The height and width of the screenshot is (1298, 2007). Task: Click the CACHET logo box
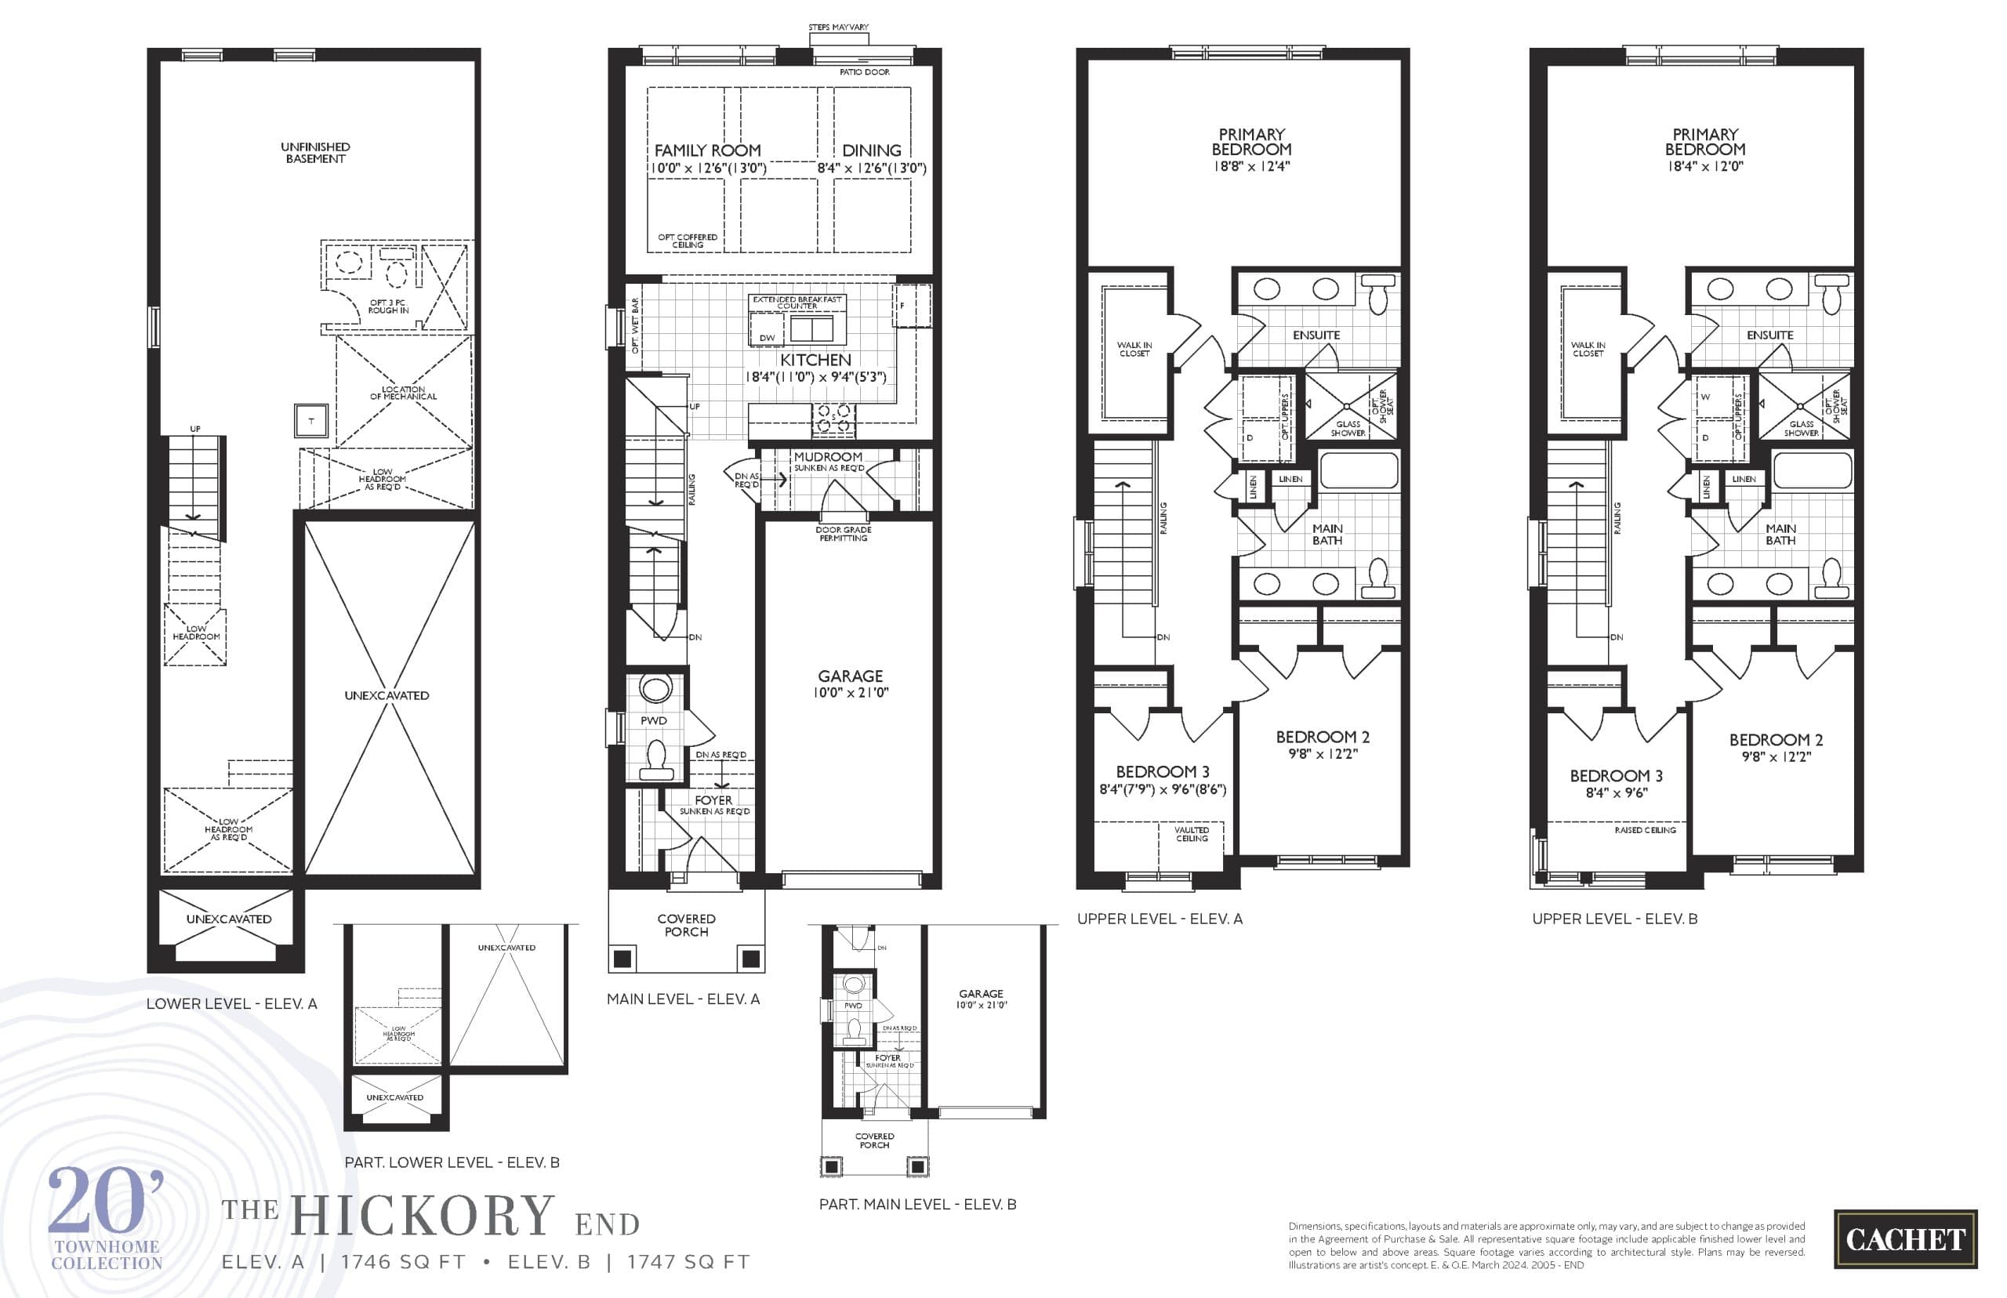tap(1905, 1239)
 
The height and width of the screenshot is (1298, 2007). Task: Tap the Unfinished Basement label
tap(315, 153)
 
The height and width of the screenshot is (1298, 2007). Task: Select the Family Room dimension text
tap(708, 169)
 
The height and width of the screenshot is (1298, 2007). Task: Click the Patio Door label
tap(864, 72)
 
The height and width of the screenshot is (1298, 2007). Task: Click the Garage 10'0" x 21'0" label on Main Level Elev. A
tap(850, 683)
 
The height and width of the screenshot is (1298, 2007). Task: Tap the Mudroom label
tap(828, 457)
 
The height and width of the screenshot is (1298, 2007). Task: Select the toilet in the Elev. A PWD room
tap(655, 760)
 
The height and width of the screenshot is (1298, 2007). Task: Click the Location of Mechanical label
tap(403, 393)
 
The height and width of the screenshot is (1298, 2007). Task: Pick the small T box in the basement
tap(310, 421)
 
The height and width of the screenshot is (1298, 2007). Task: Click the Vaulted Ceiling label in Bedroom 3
tap(1191, 833)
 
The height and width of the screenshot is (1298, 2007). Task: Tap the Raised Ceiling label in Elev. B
tap(1645, 830)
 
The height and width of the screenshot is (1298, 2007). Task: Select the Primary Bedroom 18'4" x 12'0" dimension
tap(1704, 167)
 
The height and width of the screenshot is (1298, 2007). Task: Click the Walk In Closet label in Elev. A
tap(1134, 349)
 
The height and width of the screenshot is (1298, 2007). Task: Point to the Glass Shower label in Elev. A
tap(1347, 428)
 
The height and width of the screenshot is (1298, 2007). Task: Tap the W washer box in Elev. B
tap(1705, 397)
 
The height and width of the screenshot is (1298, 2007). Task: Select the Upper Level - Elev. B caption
tap(1614, 919)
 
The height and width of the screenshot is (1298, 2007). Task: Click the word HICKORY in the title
tap(423, 1216)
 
